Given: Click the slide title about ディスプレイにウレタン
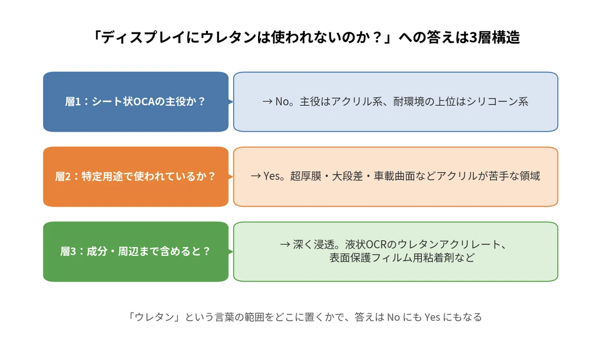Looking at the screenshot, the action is click(306, 37).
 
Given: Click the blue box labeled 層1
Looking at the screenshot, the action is click(136, 102).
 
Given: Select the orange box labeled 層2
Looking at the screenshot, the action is click(136, 176).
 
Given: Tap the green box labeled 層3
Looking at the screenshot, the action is click(136, 252).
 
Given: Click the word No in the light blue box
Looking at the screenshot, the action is click(283, 102).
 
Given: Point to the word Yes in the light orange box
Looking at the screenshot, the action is click(272, 176).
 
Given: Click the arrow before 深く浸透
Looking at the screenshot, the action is click(285, 245).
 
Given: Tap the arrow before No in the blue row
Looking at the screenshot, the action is click(268, 102).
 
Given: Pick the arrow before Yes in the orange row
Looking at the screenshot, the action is click(256, 176).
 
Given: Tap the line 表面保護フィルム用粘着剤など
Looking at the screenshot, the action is click(402, 257).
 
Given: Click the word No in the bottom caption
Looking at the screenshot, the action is click(394, 317).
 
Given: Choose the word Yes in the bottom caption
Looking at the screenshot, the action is click(432, 317).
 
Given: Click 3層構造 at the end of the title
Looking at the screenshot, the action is click(494, 37).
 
